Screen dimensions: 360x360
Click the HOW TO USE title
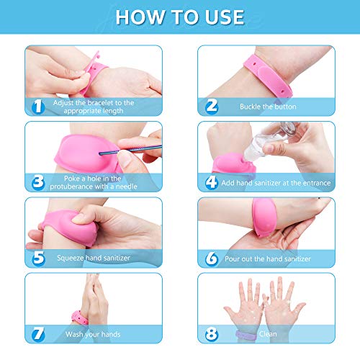tap(179, 17)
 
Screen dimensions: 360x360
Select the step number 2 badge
tap(211, 107)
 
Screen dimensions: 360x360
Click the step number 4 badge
tap(211, 183)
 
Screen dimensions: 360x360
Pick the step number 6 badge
tap(211, 258)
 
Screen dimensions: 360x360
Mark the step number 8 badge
tap(211, 335)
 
